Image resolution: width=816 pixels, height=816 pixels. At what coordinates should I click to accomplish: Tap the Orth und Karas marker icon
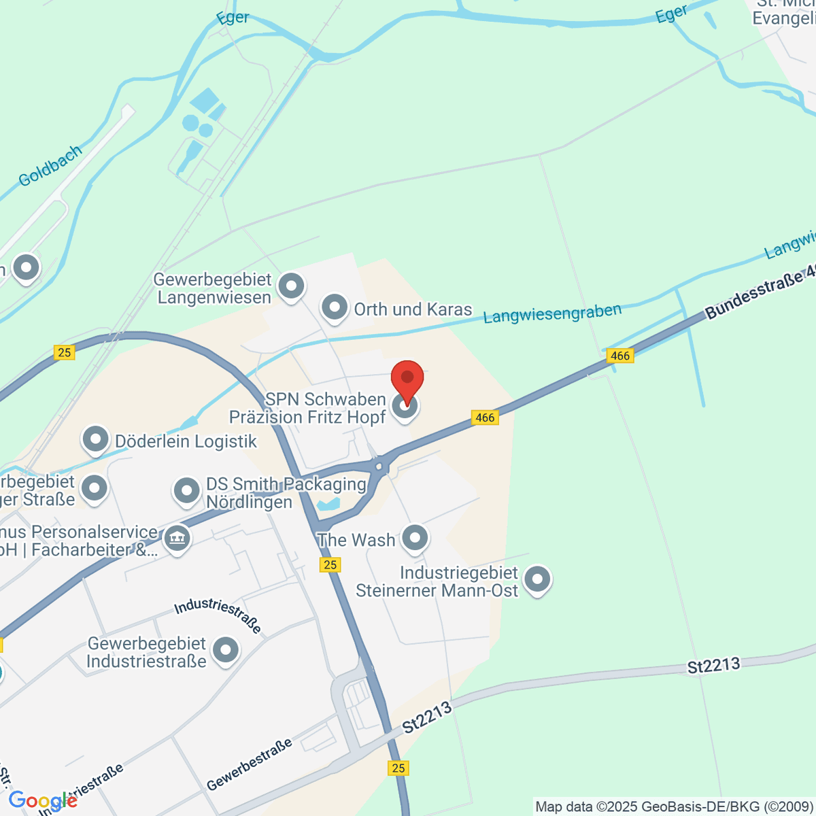pyautogui.click(x=334, y=308)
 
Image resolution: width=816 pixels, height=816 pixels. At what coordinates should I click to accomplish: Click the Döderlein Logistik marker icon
pyautogui.click(x=95, y=440)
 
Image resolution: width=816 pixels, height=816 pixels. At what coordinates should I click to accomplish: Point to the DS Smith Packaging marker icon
pyautogui.click(x=186, y=491)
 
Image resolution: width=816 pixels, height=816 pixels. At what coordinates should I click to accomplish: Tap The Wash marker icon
pyautogui.click(x=414, y=539)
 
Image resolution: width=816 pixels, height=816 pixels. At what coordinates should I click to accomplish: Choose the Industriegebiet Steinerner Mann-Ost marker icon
pyautogui.click(x=537, y=580)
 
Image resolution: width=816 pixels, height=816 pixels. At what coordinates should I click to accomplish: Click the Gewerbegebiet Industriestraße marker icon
pyautogui.click(x=225, y=650)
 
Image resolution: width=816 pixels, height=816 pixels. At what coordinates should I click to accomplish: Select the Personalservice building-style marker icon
pyautogui.click(x=177, y=540)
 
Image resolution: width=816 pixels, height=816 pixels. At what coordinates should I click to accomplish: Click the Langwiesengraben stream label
pyautogui.click(x=552, y=313)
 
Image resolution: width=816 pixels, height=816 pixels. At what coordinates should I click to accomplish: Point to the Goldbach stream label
pyautogui.click(x=50, y=165)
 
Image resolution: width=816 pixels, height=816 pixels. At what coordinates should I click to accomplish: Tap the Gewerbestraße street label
pyautogui.click(x=249, y=764)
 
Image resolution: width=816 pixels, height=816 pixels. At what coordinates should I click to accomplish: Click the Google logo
pyautogui.click(x=42, y=801)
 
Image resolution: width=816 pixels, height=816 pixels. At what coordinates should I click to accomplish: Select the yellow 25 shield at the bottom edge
pyautogui.click(x=398, y=768)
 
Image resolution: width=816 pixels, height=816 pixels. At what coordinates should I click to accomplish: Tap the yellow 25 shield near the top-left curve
pyautogui.click(x=65, y=352)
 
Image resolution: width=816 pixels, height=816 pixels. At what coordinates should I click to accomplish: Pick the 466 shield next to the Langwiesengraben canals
pyautogui.click(x=620, y=356)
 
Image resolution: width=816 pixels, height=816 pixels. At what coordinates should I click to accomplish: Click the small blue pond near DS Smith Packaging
pyautogui.click(x=328, y=505)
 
